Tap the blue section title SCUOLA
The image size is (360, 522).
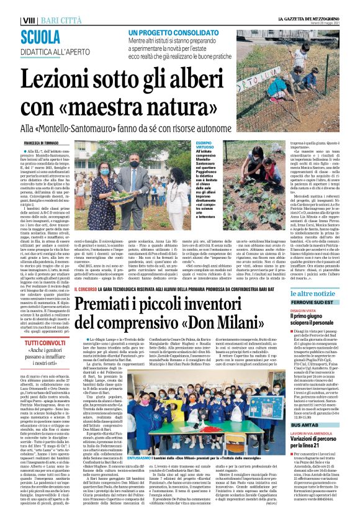point(43,35)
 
